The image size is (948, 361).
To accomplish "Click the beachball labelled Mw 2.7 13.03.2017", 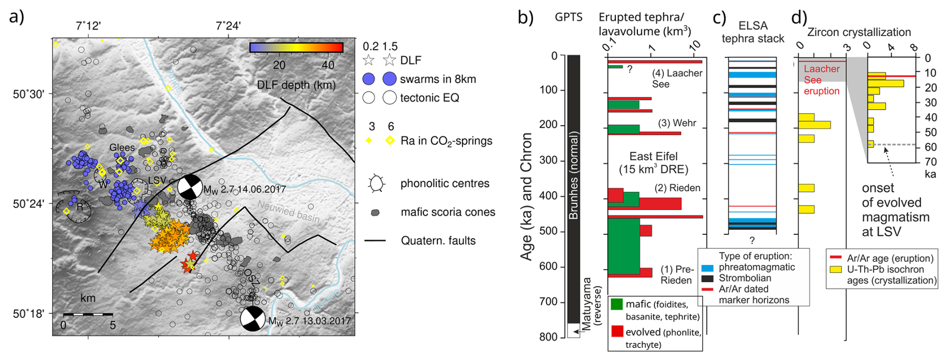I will pos(253,318).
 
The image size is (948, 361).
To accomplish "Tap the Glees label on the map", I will pos(122,148).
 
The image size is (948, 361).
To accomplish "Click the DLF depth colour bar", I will pos(296,48).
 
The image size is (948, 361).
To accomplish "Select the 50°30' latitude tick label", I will pos(29,94).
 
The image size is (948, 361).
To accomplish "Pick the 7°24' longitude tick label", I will pos(228,26).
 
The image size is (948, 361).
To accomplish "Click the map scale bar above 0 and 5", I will pos(88,314).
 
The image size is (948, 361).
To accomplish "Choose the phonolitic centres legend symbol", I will pos(376,184).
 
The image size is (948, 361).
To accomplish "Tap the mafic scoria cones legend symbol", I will pos(375,213).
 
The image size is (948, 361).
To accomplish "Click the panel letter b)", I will pos(526,18).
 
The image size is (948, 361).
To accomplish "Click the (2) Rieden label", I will pos(677,188).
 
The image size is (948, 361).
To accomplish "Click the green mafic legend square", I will pos(617,304).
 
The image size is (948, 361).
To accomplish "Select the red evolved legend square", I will pos(617,331).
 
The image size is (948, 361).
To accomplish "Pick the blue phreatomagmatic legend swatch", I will pos(707,268).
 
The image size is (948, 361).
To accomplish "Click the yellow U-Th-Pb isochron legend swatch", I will pos(835,269).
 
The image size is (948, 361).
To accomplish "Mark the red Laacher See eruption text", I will pos(821,80).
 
